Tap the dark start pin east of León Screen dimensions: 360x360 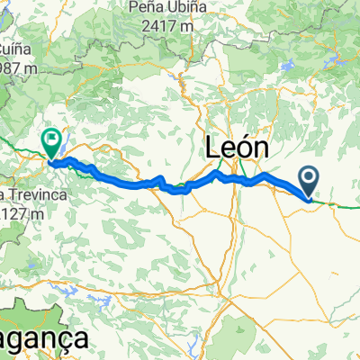309,180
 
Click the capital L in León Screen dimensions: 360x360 213,147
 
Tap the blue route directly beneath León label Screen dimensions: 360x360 236,179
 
